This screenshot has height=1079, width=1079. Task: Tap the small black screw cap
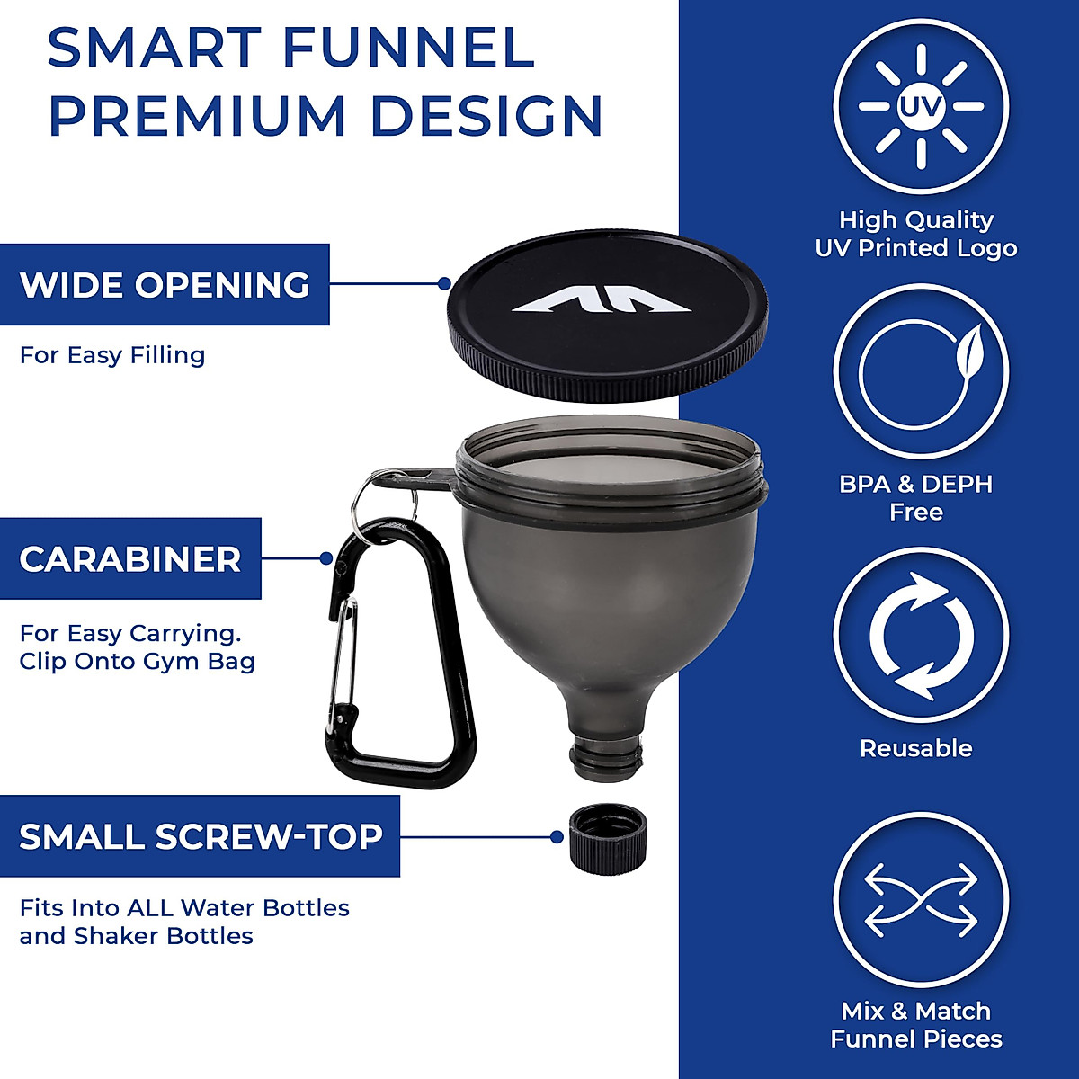click(x=607, y=836)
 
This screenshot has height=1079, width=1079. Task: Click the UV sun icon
click(x=920, y=106)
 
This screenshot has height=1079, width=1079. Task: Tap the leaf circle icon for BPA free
click(x=920, y=370)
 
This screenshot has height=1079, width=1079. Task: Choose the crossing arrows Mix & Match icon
click(x=920, y=900)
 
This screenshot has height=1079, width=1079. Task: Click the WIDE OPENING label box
click(x=165, y=284)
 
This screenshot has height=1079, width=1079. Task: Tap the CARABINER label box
click(x=130, y=558)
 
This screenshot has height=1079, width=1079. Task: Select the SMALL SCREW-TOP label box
click(x=200, y=836)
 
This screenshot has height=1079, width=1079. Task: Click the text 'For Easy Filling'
click(x=112, y=355)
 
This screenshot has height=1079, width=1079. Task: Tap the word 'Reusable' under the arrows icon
click(x=915, y=748)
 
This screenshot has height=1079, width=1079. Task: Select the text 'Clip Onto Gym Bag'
click(x=137, y=662)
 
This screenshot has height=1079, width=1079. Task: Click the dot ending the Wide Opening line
click(x=443, y=283)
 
